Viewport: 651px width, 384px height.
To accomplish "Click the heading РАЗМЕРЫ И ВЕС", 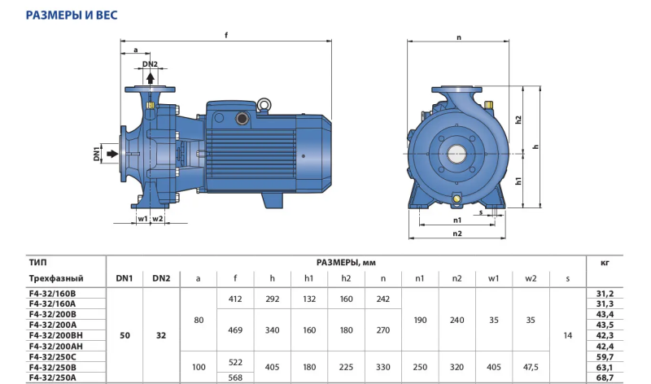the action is tap(72, 15).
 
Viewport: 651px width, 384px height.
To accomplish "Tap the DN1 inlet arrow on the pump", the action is tap(112, 154).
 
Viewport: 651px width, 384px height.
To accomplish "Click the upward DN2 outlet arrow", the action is tap(151, 77).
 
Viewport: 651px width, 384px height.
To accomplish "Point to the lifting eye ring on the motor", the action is tap(263, 104).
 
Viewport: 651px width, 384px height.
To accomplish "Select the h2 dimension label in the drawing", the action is tap(518, 120).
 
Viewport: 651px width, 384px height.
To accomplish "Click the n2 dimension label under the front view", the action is tap(457, 233).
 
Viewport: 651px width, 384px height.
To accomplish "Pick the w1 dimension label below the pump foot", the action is tap(142, 218).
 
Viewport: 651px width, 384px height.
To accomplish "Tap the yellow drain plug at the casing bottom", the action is tap(457, 199).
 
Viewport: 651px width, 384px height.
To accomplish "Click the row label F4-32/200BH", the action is tap(55, 335).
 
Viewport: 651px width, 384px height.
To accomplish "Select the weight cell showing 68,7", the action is tap(605, 377).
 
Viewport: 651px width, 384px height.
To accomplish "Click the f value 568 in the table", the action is tap(235, 377).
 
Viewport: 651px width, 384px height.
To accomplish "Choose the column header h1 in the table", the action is tap(309, 278).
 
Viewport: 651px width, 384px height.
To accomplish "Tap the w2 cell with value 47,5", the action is tap(531, 367).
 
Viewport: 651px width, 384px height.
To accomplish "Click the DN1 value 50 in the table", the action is tap(125, 335).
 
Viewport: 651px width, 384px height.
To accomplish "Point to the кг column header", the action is tap(605, 262).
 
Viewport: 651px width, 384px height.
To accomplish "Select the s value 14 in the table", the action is tap(567, 335).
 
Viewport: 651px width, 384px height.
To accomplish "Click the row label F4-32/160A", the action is tap(52, 303).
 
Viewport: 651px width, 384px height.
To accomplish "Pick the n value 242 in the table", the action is tap(382, 299).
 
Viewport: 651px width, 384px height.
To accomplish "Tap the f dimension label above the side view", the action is tap(226, 35).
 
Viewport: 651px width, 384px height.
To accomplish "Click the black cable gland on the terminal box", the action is tap(242, 119).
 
